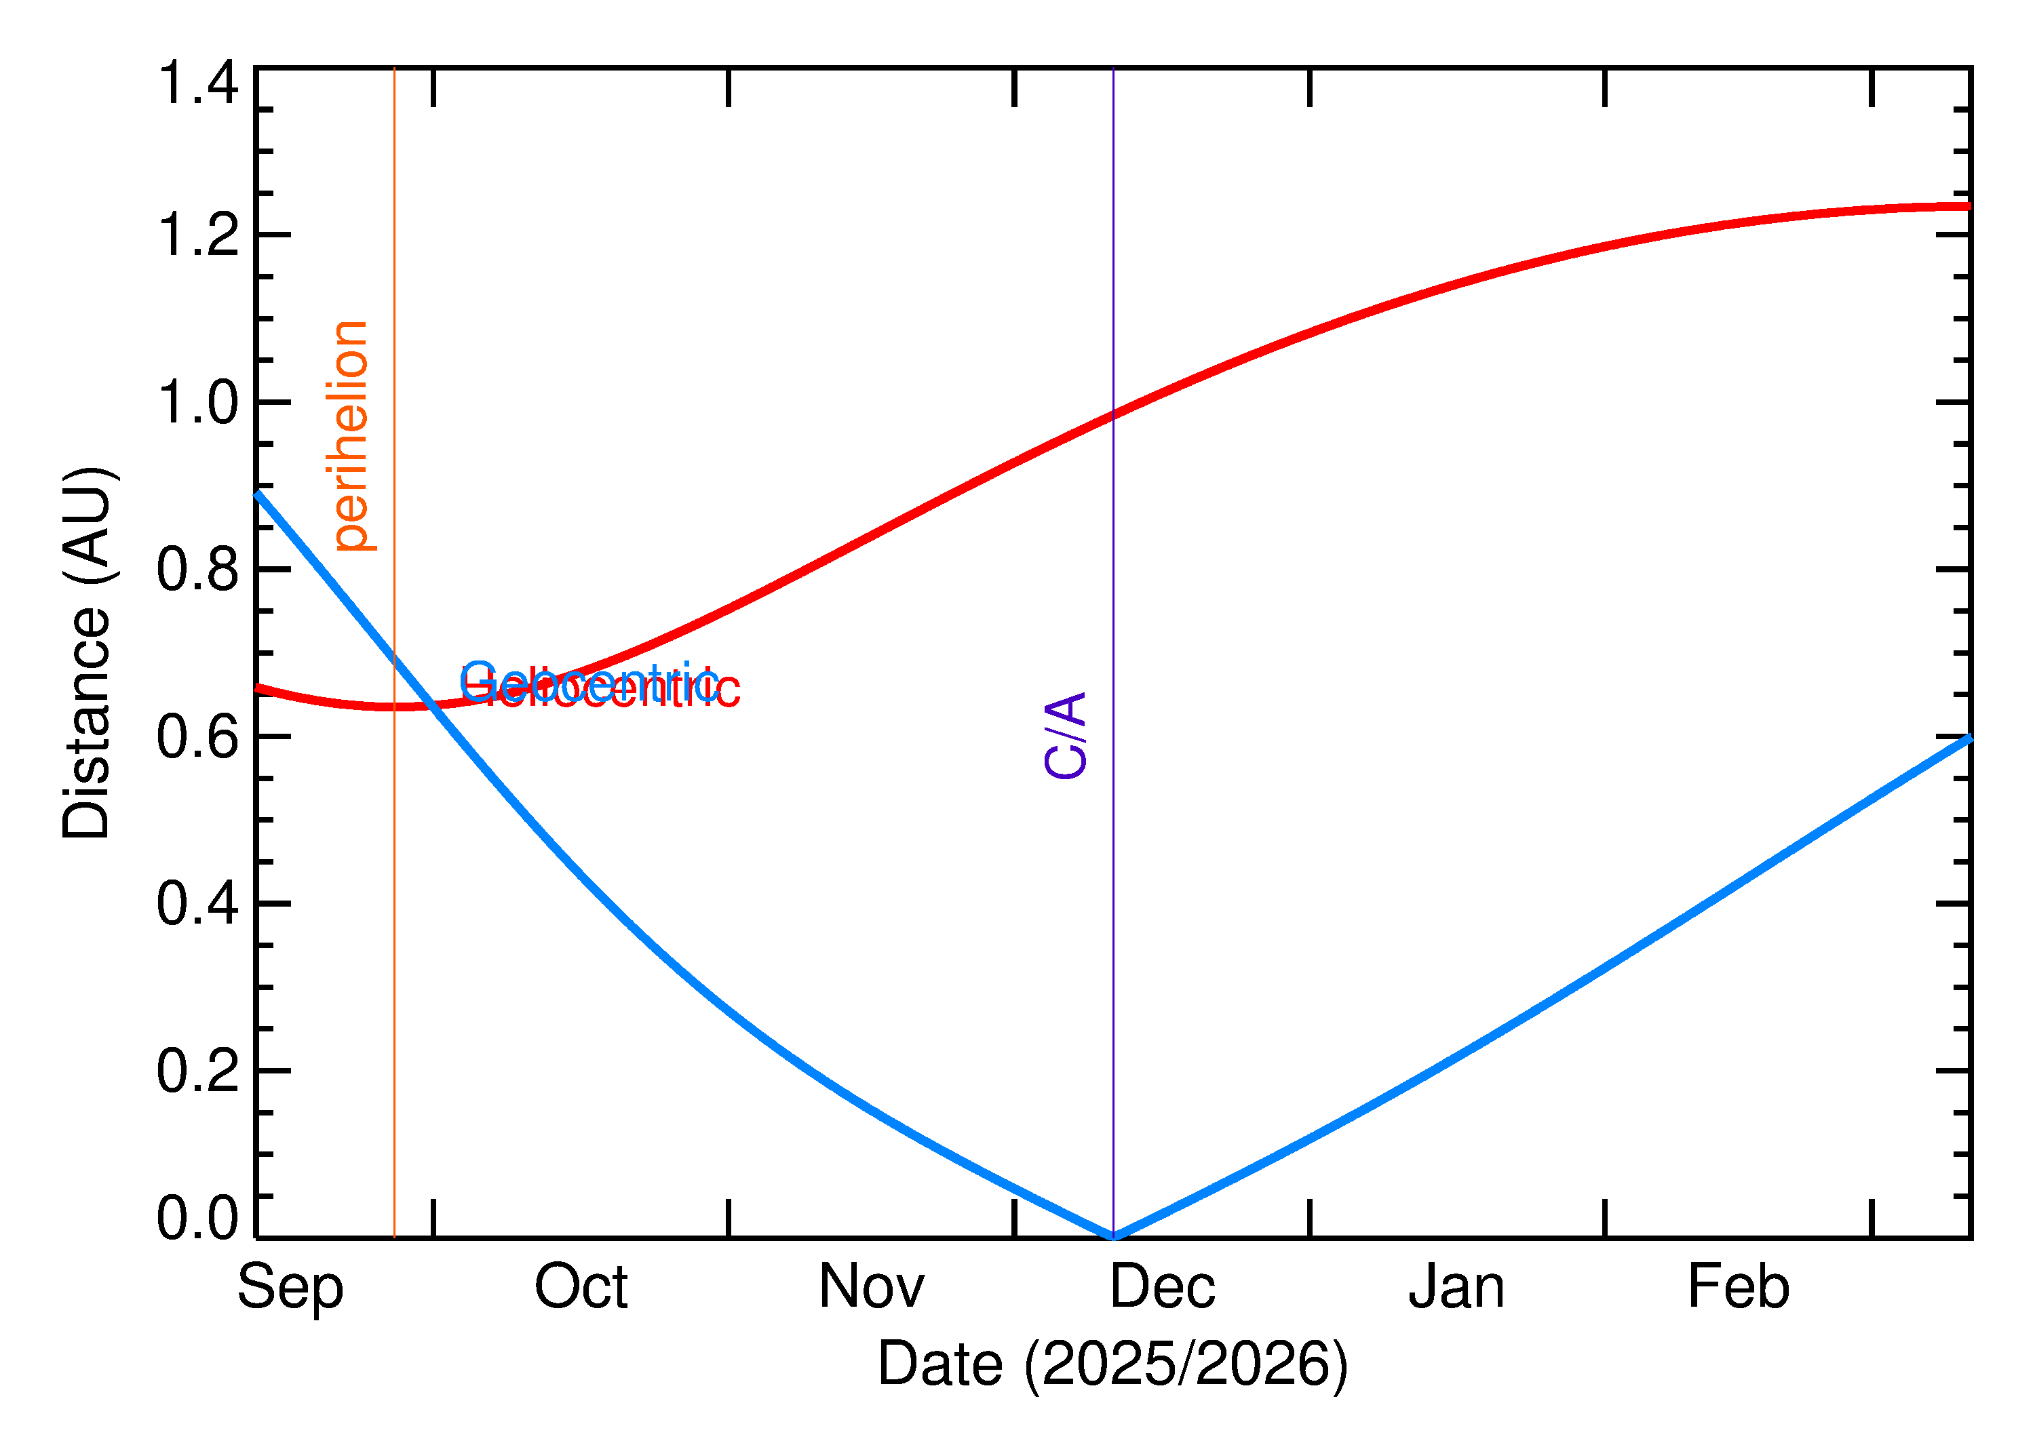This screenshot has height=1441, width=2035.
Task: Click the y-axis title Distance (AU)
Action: tap(87, 652)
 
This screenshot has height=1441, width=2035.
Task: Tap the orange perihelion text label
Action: tap(351, 435)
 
